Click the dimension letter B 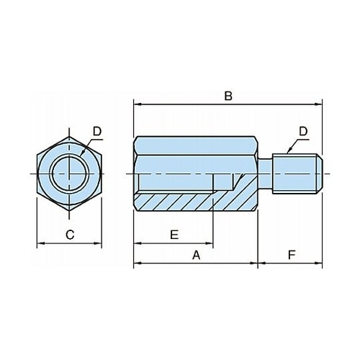tap(228, 96)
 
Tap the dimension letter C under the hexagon tap(70, 235)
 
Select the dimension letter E tap(174, 235)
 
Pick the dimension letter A tap(196, 255)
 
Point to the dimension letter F tap(292, 255)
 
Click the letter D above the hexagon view tap(97, 132)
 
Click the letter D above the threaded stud tap(303, 132)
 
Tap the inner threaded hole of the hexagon tap(69, 174)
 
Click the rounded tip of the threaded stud tap(319, 174)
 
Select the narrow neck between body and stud tap(265, 174)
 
